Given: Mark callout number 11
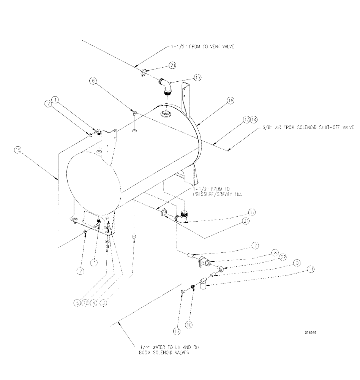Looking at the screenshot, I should pyautogui.click(x=311, y=269).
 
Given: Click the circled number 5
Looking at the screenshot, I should pyautogui.click(x=77, y=303).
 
